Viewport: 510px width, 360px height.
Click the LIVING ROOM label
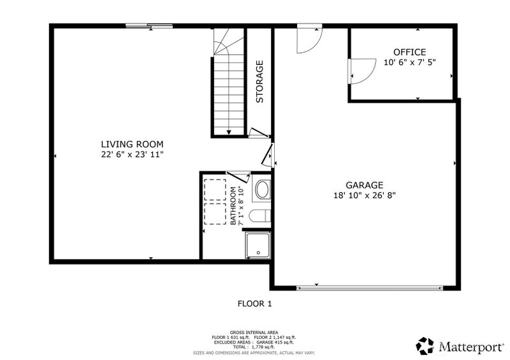click(132, 144)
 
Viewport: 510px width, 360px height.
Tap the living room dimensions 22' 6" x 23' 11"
click(132, 154)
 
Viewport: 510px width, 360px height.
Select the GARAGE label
click(364, 185)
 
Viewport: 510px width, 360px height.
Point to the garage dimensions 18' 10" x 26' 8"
click(364, 196)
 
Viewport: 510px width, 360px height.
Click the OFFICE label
click(409, 52)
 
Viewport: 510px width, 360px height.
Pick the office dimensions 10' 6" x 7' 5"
click(409, 62)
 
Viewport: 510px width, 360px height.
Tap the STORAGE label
click(259, 82)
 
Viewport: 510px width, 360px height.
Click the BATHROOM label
click(233, 206)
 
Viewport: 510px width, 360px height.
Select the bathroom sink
click(262, 189)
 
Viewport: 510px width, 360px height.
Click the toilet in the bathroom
click(260, 215)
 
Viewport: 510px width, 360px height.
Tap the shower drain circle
click(259, 252)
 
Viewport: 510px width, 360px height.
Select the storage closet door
click(259, 133)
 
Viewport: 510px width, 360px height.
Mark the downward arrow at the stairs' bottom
click(229, 132)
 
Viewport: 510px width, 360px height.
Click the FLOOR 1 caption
click(254, 304)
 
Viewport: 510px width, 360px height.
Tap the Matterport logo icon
click(425, 346)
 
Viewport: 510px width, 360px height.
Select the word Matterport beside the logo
click(470, 347)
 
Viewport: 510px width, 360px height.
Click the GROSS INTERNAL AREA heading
click(254, 333)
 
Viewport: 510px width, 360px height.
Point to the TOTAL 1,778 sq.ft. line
click(254, 347)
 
